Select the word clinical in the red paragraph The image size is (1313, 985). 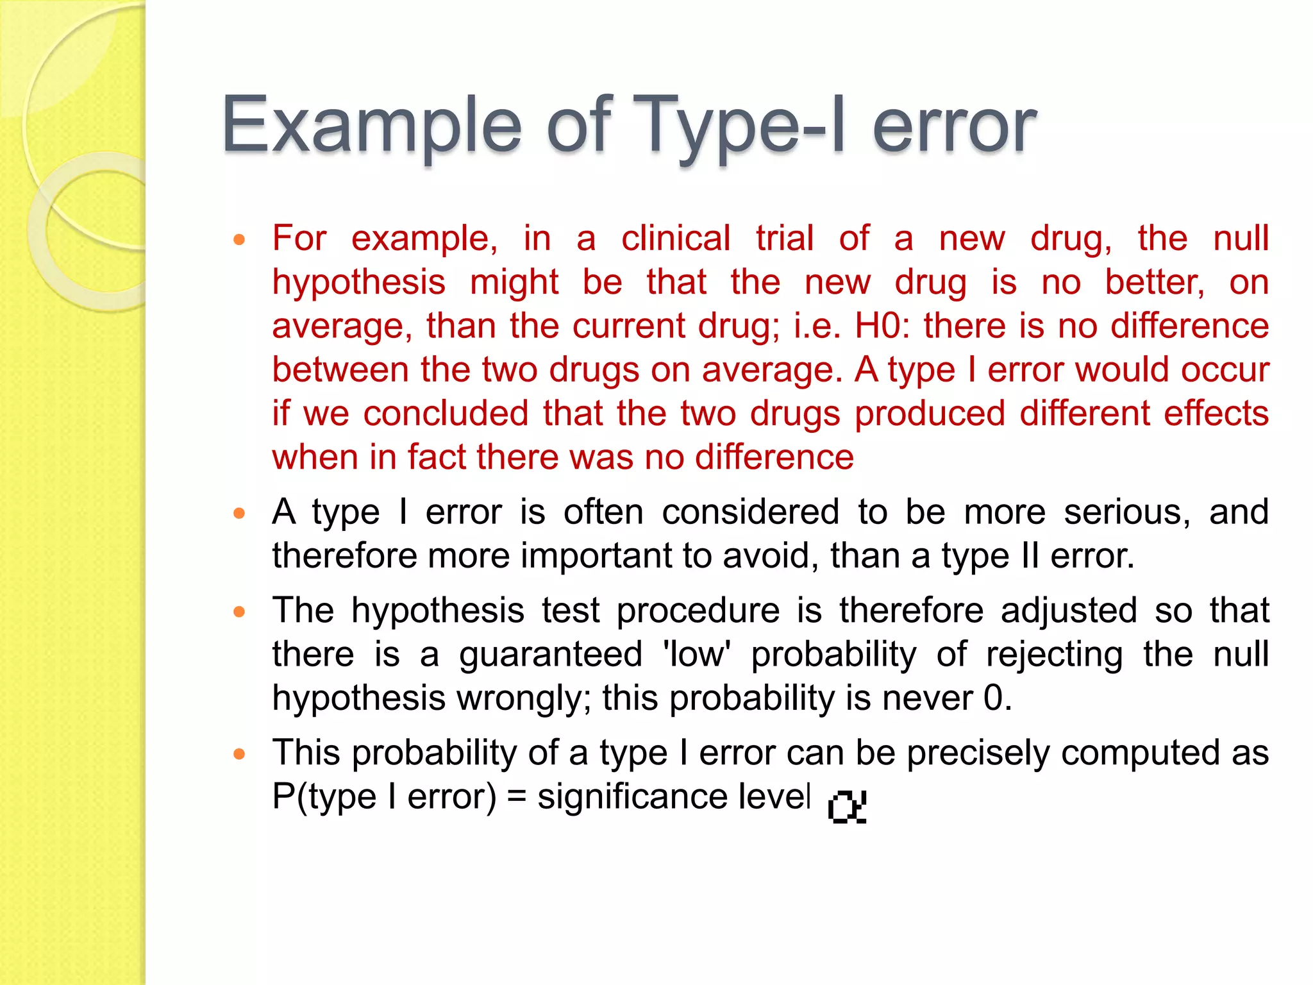pyautogui.click(x=676, y=239)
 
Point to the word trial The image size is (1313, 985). pyautogui.click(x=785, y=239)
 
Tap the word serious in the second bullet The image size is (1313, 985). pyautogui.click(x=1127, y=512)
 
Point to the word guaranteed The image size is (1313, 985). pyautogui.click(x=551, y=655)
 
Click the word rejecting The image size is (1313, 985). pyautogui.click(x=1054, y=655)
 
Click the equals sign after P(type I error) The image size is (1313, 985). pyautogui.click(x=516, y=797)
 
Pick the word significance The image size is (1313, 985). pyautogui.click(x=632, y=797)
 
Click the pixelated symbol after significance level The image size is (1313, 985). pyautogui.click(x=847, y=806)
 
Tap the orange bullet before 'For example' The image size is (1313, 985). pyautogui.click(x=240, y=240)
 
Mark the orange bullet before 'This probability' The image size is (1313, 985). pyautogui.click(x=240, y=754)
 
